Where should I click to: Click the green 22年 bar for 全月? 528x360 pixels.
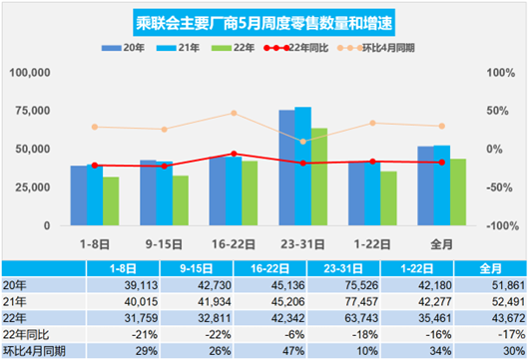(457, 191)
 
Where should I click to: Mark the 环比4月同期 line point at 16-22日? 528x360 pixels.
(233, 113)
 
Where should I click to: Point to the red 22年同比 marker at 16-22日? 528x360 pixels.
(233, 154)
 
